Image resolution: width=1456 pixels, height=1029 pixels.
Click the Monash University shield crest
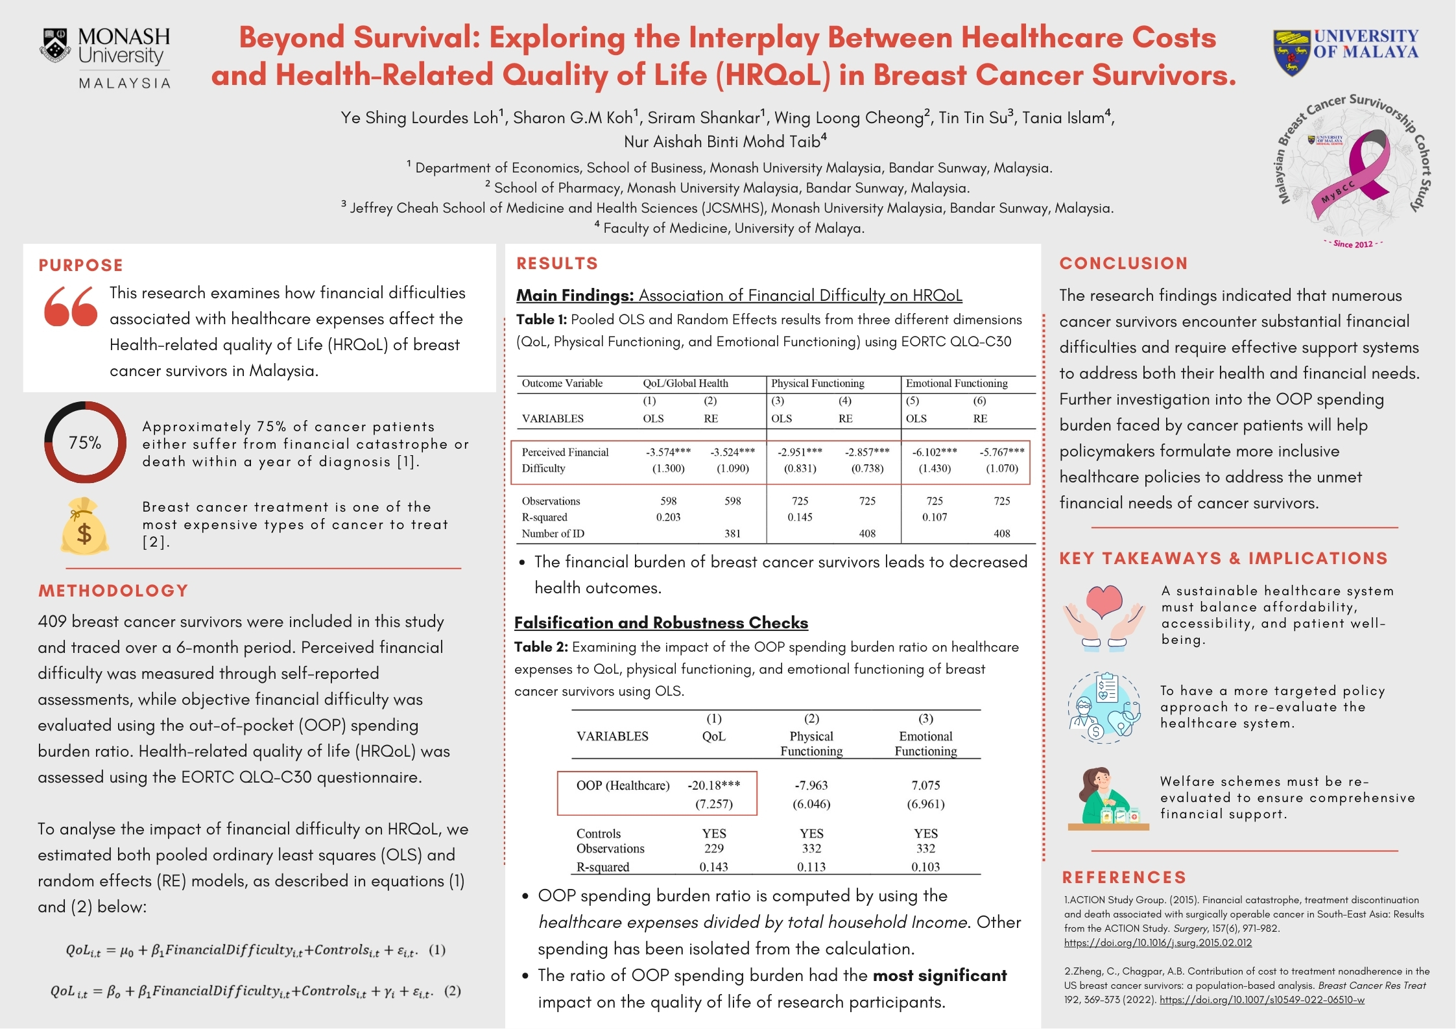[x=56, y=45]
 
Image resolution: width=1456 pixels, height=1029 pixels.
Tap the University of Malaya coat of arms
[x=1291, y=51]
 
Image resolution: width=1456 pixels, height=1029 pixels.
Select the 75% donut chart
[x=85, y=442]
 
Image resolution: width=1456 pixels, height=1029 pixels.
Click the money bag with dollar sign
[x=84, y=526]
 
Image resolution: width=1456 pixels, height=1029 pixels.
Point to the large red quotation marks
[x=71, y=306]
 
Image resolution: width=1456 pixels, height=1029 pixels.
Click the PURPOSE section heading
[x=80, y=265]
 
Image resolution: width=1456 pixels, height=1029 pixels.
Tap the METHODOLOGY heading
[x=113, y=591]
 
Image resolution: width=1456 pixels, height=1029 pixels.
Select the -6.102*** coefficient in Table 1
[x=935, y=452]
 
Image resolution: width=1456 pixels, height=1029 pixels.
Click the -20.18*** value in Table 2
[x=713, y=785]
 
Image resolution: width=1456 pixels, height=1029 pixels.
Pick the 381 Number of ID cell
[x=732, y=534]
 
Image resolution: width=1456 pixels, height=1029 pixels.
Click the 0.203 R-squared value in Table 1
[x=668, y=517]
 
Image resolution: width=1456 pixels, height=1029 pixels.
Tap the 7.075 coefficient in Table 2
[x=925, y=785]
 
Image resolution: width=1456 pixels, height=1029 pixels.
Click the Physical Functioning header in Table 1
[x=817, y=383]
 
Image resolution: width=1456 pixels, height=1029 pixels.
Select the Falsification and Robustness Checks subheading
[x=661, y=622]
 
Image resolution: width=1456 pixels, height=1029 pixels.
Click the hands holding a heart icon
[x=1104, y=616]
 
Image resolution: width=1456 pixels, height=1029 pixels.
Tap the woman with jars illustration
[x=1106, y=798]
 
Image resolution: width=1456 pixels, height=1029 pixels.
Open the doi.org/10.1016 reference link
[x=1158, y=943]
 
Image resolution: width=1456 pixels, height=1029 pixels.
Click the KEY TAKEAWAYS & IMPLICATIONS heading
[x=1223, y=558]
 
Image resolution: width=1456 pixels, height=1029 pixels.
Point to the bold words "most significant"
[x=939, y=975]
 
